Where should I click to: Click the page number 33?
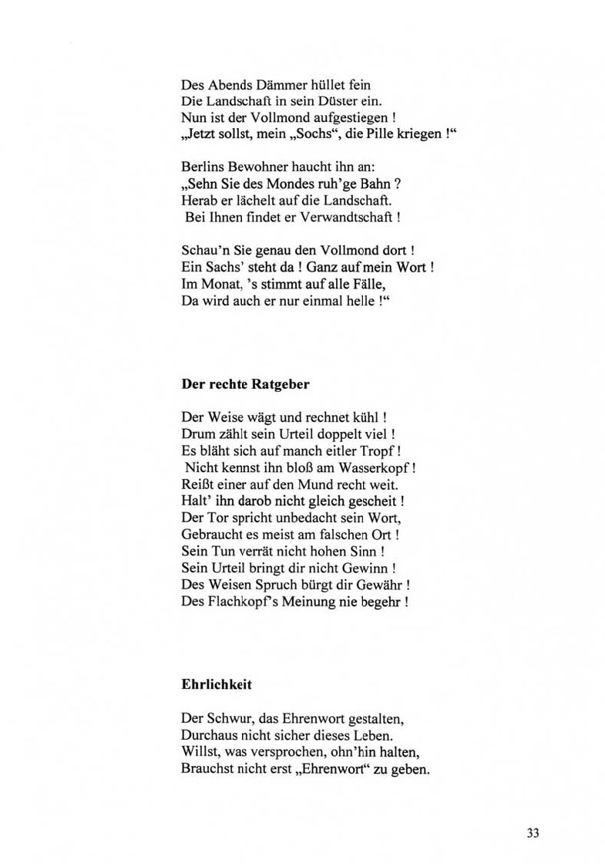click(533, 832)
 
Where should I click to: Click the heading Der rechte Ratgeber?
click(245, 383)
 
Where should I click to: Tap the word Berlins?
click(202, 167)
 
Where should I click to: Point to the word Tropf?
click(380, 451)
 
